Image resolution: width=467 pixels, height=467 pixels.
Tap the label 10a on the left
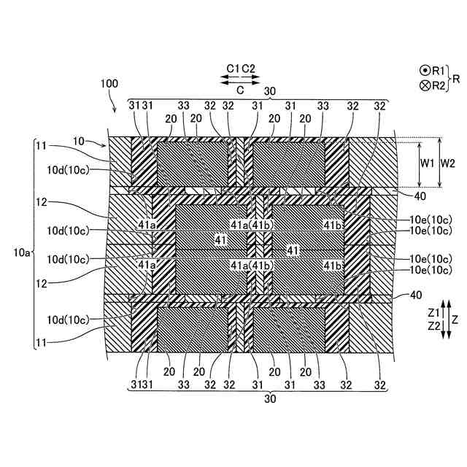pyautogui.click(x=22, y=253)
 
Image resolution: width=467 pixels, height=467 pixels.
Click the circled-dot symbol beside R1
pyautogui.click(x=424, y=71)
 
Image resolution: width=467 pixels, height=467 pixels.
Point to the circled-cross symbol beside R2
pyautogui.click(x=424, y=85)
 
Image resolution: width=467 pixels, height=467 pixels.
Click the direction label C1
pyautogui.click(x=233, y=69)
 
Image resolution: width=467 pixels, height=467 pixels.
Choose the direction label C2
pyautogui.click(x=248, y=69)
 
